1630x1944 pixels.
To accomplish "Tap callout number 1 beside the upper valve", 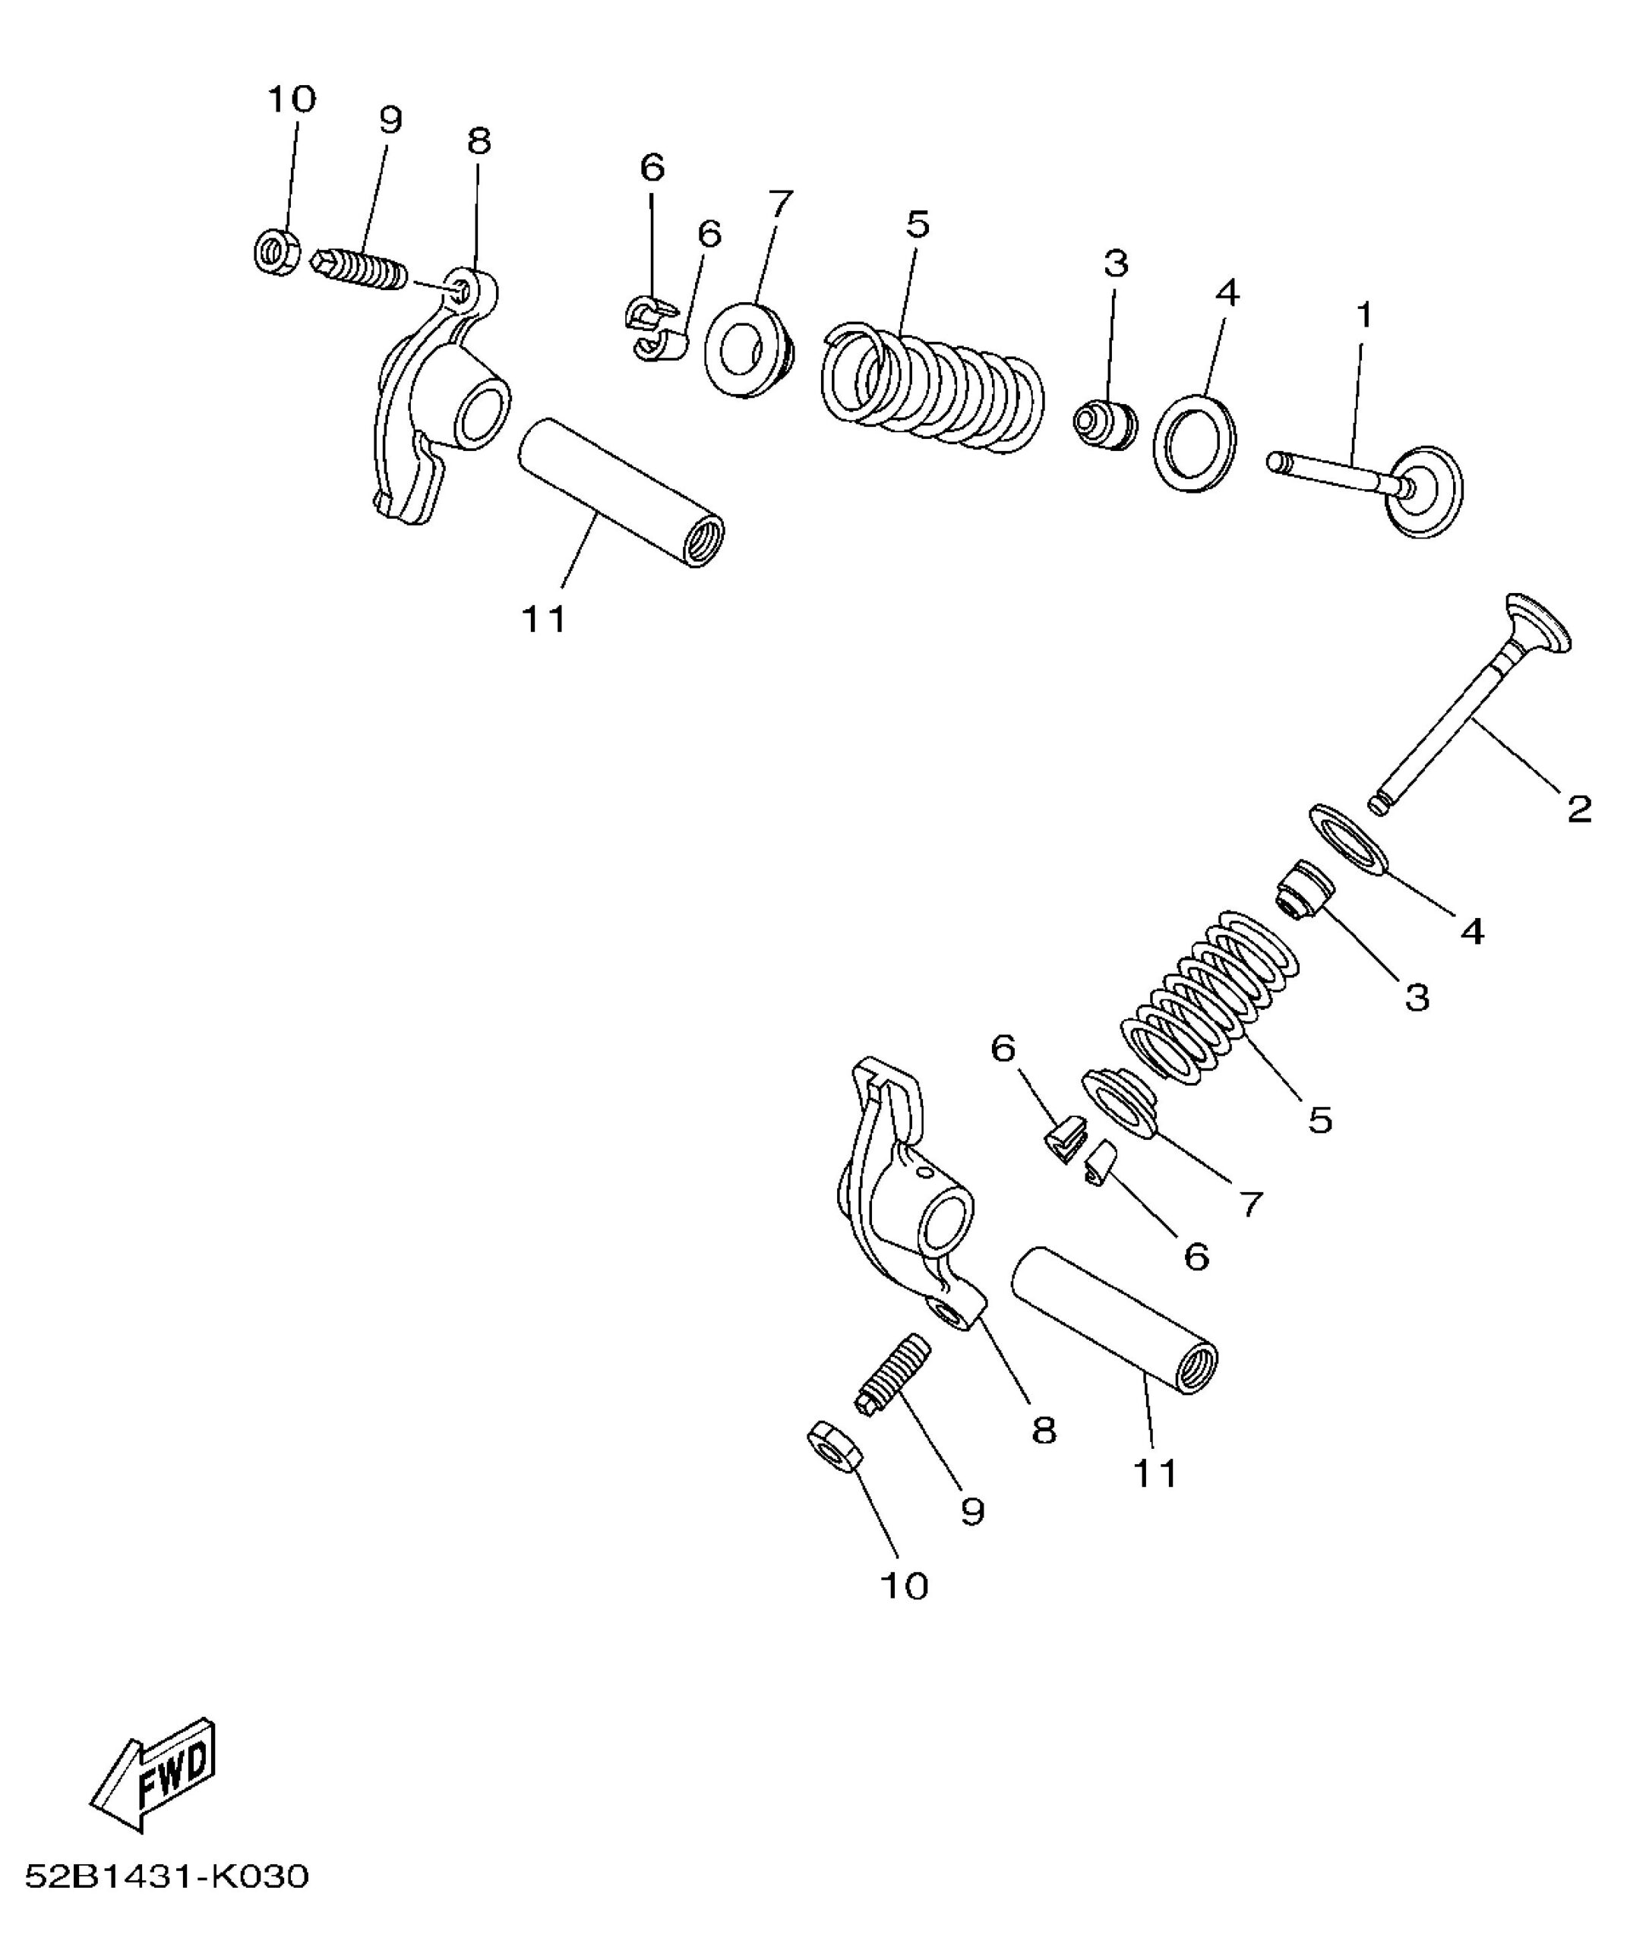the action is coord(1363,316).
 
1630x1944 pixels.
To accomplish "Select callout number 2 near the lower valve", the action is coord(1580,809).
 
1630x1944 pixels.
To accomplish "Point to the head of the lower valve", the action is coord(1537,622).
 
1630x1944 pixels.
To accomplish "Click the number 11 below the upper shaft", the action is coord(544,620).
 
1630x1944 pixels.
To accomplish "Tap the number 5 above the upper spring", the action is coord(917,224).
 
